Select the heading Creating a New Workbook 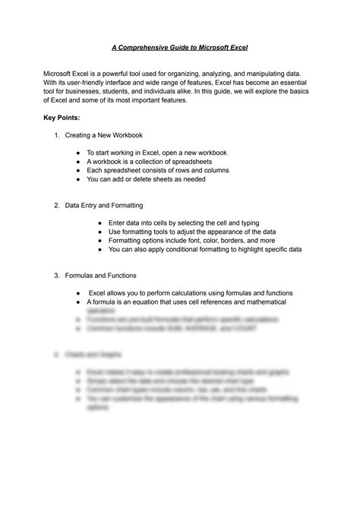103,135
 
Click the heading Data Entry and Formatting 104,205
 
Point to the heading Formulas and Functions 100,275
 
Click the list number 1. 56,135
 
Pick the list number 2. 56,205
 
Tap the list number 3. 56,275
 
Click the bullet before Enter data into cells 100,222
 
